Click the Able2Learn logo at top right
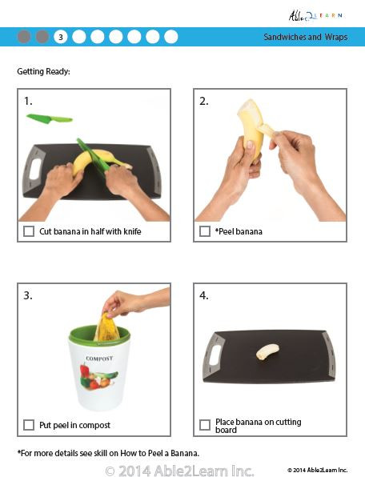[318, 15]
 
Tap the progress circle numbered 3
[61, 37]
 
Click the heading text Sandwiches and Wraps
[306, 38]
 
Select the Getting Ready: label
[43, 72]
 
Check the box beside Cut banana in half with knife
[29, 232]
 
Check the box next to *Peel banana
[205, 232]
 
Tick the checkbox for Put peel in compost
[29, 425]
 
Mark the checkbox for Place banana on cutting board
[205, 425]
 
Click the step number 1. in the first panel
[28, 101]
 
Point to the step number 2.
[204, 101]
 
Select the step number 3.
[28, 295]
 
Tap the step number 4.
[204, 295]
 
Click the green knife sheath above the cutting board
[49, 118]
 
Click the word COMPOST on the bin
[100, 359]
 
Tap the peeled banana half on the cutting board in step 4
[267, 351]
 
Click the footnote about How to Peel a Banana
[108, 454]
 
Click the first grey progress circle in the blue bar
[24, 37]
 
